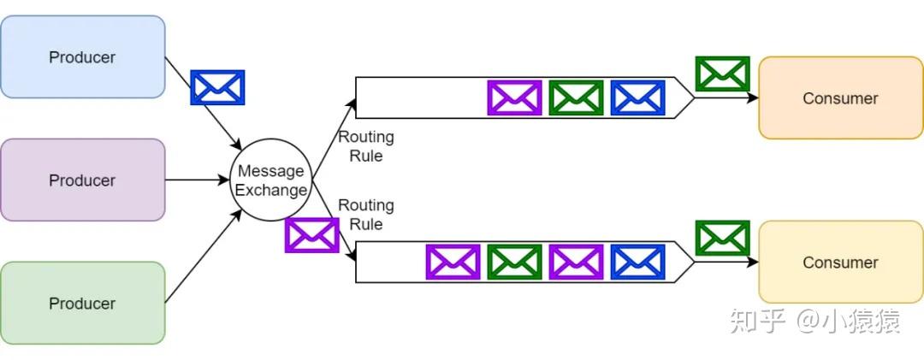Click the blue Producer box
tap(82, 57)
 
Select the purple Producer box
tap(82, 180)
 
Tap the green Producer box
tap(82, 304)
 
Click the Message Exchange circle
tap(270, 180)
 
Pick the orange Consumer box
tap(840, 98)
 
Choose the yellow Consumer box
tap(840, 263)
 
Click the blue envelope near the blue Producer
tap(217, 87)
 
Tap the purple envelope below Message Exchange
tap(311, 235)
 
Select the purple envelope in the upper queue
tap(514, 97)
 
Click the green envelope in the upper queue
tap(576, 97)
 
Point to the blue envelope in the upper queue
tap(637, 97)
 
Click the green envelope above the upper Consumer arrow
tap(722, 74)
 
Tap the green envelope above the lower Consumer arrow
tap(722, 238)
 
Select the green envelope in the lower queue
tap(514, 262)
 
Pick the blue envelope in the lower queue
tap(637, 262)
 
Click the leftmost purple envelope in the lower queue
tap(453, 262)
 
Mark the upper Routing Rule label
tap(366, 146)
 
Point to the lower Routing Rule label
tap(366, 215)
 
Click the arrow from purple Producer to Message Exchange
tap(197, 180)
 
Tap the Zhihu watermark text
tap(813, 322)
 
